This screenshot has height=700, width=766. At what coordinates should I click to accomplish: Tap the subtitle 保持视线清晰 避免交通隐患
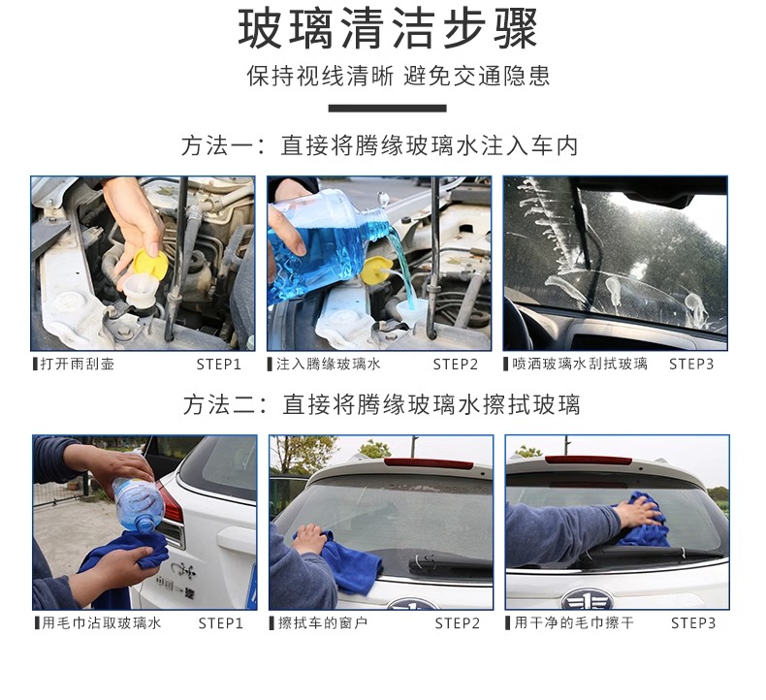click(399, 77)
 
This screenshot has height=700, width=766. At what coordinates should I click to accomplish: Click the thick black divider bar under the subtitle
click(388, 108)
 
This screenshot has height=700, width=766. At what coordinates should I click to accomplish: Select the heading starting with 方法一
click(380, 145)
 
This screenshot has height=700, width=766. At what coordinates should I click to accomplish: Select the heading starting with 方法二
click(382, 405)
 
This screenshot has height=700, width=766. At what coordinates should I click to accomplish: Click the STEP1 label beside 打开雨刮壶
click(219, 365)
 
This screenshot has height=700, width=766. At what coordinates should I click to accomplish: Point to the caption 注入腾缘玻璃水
click(328, 364)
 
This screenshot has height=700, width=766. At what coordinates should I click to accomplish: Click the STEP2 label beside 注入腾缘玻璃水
click(456, 365)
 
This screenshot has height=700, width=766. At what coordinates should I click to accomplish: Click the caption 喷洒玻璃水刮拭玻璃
click(580, 364)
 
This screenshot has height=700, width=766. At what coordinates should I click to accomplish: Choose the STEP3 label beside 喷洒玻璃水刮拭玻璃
click(691, 365)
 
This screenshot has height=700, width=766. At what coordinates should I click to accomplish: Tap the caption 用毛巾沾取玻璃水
click(101, 622)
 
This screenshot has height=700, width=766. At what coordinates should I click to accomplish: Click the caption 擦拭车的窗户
click(323, 622)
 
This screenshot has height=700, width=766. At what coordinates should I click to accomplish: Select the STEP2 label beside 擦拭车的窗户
click(458, 623)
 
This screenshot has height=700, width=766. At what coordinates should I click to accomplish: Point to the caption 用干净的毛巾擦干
click(574, 622)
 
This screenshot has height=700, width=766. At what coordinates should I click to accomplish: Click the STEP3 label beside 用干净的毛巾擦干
click(693, 623)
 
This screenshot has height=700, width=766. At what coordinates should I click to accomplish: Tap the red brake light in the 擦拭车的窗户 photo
click(429, 462)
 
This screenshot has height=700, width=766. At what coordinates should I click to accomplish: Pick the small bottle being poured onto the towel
click(138, 504)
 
